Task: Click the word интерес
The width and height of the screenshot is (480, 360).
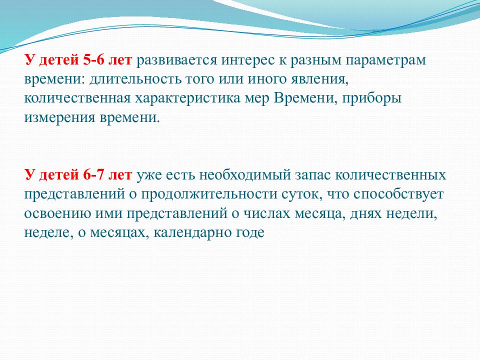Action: (x=238, y=61)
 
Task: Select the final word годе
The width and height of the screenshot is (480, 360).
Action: (x=250, y=232)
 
